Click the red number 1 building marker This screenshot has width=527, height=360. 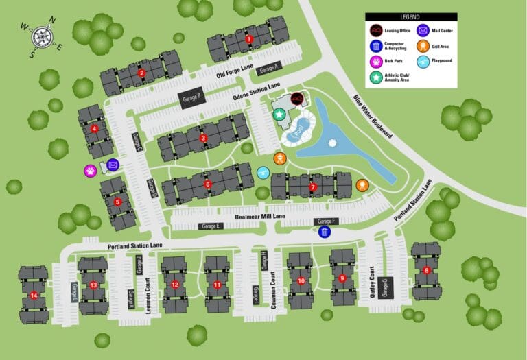pos(249,39)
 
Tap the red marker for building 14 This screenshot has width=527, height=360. pos(34,296)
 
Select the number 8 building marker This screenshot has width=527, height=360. pos(427,270)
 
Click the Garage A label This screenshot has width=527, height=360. pos(269,67)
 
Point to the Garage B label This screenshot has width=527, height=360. pos(191,97)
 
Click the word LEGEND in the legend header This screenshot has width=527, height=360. pos(410,16)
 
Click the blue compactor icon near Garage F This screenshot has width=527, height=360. pos(325,232)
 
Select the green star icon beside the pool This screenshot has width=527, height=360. pos(280,115)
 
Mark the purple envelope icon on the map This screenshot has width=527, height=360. pos(113,165)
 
